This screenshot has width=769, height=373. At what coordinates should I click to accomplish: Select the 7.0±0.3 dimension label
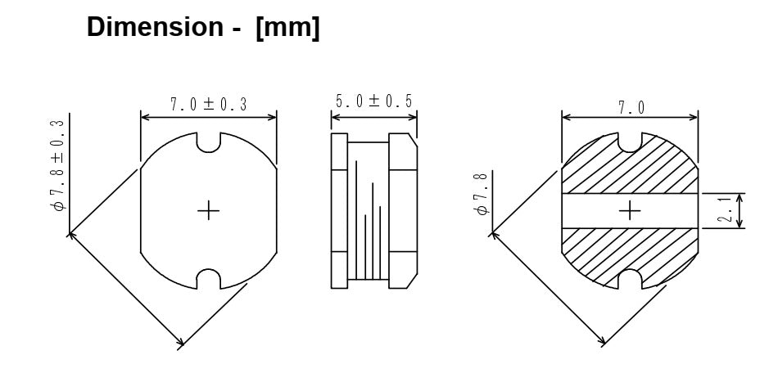pyautogui.click(x=209, y=104)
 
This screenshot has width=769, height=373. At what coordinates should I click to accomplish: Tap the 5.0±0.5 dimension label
pyautogui.click(x=373, y=101)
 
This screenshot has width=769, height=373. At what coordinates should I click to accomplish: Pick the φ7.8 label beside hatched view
pyautogui.click(x=481, y=194)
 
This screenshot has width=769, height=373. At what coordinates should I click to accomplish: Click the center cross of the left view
pyautogui.click(x=209, y=211)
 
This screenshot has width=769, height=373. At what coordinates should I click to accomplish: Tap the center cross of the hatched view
pyautogui.click(x=630, y=211)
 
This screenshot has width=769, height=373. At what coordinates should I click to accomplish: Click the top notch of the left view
pyautogui.click(x=210, y=142)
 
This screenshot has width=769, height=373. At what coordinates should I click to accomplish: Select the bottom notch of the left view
pyautogui.click(x=210, y=279)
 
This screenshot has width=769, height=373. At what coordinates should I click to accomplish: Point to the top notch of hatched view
pyautogui.click(x=630, y=142)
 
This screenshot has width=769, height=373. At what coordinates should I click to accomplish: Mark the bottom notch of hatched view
pyautogui.click(x=630, y=279)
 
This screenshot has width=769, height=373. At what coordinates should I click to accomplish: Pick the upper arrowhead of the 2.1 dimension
pyautogui.click(x=740, y=197)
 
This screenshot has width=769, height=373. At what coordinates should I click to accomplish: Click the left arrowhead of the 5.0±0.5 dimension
pyautogui.click(x=334, y=118)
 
